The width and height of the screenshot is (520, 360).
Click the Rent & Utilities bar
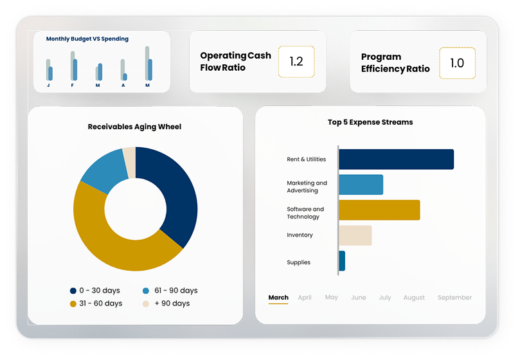(x=396, y=159)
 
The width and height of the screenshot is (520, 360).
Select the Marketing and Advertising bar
(x=361, y=185)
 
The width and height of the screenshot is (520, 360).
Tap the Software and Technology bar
(x=379, y=210)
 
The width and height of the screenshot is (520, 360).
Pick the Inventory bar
(x=355, y=235)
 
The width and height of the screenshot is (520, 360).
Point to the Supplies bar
(x=342, y=260)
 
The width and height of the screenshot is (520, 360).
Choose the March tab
(x=278, y=298)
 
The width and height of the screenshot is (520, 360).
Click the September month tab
(x=454, y=298)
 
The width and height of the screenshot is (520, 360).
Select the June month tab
(x=359, y=298)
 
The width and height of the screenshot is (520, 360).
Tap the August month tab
(x=414, y=298)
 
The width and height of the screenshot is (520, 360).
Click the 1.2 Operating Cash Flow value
(x=296, y=62)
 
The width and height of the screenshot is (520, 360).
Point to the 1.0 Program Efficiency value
(x=457, y=63)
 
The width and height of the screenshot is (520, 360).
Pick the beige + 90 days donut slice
(x=129, y=154)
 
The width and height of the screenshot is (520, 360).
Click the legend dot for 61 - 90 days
(x=146, y=291)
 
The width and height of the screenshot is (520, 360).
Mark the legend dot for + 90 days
(x=146, y=303)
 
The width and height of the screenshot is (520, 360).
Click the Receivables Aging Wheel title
(x=134, y=127)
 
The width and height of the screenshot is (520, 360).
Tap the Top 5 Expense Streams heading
(x=370, y=122)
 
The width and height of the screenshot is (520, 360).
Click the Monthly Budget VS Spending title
(x=87, y=39)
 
